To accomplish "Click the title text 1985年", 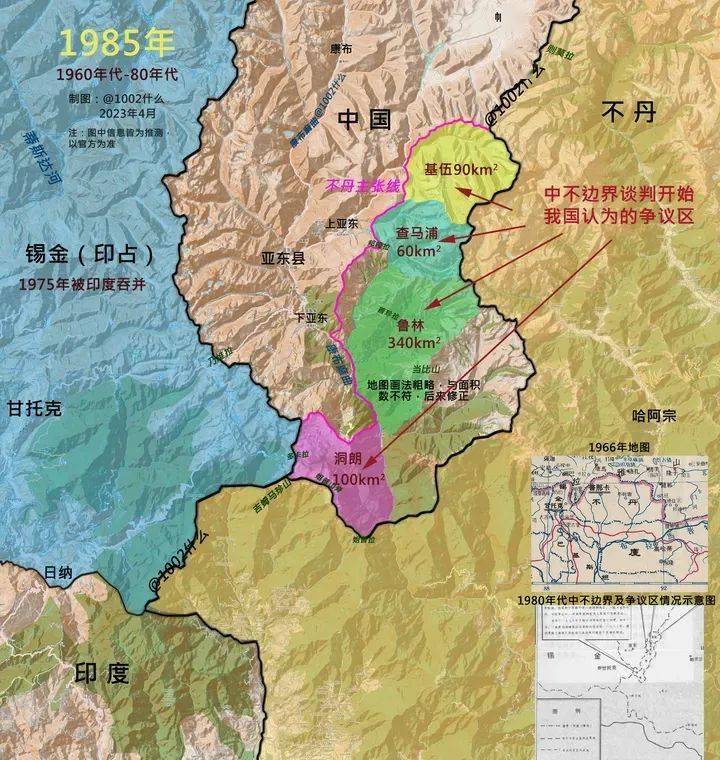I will coord(116,43).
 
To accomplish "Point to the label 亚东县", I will coord(284,256).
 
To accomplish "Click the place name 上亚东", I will coord(342,225).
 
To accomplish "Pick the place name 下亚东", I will coord(310,317).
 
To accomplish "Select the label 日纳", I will coord(58,572).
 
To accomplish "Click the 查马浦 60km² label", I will coord(421,241).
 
